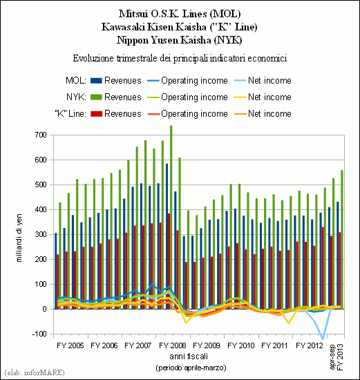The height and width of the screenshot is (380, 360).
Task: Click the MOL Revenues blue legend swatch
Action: pos(96,80)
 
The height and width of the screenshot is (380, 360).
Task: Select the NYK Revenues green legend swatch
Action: pos(96,97)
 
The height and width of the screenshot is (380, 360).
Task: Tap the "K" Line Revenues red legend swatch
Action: pos(96,113)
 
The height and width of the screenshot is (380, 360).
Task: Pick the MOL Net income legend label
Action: pos(269,80)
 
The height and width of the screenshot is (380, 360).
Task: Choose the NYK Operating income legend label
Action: pos(194,97)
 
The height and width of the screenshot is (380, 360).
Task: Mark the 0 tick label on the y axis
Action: pos(44,309)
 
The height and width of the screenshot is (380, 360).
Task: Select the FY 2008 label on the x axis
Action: pos(173,345)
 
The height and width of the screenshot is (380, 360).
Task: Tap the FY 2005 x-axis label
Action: pos(70,345)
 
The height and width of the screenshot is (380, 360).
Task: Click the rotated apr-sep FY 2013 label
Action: pos(337,357)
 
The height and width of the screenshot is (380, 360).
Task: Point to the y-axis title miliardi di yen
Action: pos(19,238)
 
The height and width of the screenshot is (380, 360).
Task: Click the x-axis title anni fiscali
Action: pos(189,357)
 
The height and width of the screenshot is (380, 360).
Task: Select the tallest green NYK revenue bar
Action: pos(171,218)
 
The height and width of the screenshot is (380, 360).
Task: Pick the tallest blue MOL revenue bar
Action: pos(167,236)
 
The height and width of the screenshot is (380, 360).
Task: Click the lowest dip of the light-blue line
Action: pos(323,339)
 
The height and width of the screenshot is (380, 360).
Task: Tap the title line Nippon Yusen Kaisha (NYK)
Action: pos(180,40)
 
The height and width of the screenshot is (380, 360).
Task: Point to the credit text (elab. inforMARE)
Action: pos(35,372)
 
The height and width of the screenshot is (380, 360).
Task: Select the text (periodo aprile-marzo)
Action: pos(191,368)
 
